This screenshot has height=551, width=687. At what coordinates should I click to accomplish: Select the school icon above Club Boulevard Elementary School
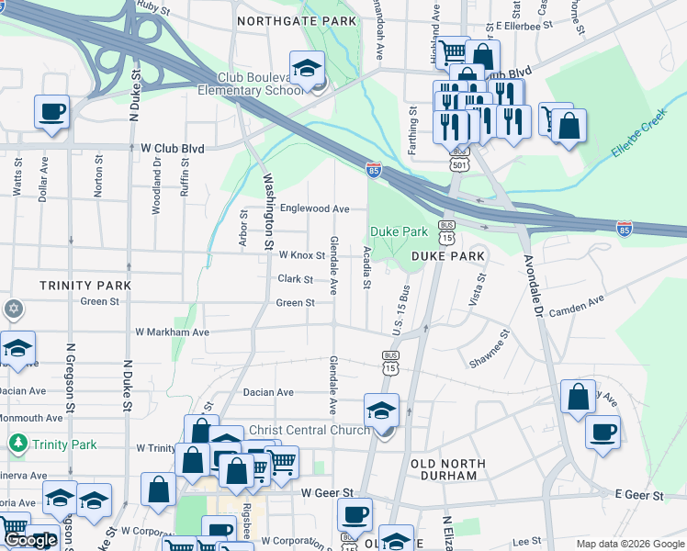pyautogui.click(x=307, y=67)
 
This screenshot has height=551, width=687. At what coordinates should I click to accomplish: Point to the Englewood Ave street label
pyautogui.click(x=315, y=208)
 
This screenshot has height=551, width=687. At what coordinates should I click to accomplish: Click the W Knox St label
pyautogui.click(x=301, y=254)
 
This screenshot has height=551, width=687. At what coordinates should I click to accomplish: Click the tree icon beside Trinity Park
pyautogui.click(x=17, y=444)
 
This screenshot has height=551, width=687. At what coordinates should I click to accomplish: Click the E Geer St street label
pyautogui.click(x=638, y=495)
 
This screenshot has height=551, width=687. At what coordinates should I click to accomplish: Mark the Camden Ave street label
pyautogui.click(x=576, y=307)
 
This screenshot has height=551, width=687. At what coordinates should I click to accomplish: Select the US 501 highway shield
pyautogui.click(x=458, y=163)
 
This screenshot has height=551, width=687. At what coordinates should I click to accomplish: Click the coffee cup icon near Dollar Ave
pyautogui.click(x=51, y=113)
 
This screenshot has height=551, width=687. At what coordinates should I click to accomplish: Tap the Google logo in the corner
pyautogui.click(x=30, y=540)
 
